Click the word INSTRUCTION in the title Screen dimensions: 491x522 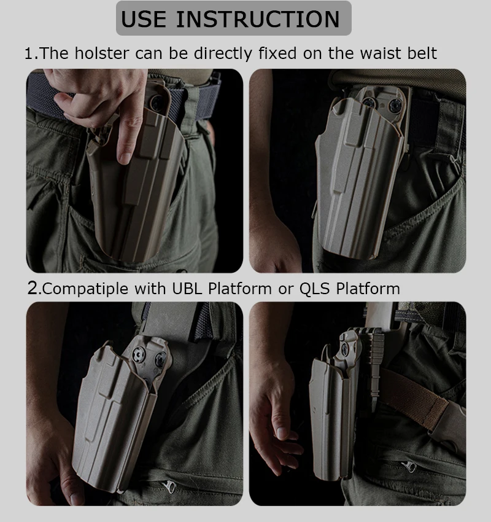pos(258,19)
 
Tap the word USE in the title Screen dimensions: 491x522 pos(144,19)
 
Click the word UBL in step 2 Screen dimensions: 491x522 pos(187,288)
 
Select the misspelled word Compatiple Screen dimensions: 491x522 pos(85,289)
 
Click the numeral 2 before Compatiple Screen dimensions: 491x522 pos(33,288)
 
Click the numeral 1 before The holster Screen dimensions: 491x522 pos(29,53)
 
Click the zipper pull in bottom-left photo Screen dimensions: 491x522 pos(169,487)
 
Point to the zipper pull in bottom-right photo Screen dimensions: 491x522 pos(409,466)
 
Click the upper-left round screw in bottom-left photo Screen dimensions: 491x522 pos(137,355)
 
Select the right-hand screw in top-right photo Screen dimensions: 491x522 pos(396,106)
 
